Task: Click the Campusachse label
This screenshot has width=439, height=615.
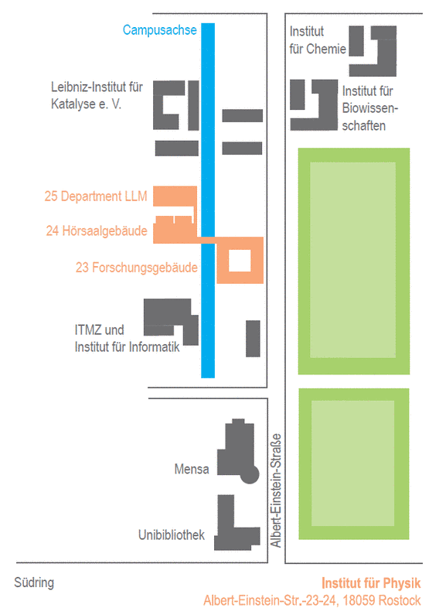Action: pos(159,30)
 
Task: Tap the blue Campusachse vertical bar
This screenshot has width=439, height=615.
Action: pos(208,200)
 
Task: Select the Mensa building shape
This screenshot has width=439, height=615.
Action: pos(237,451)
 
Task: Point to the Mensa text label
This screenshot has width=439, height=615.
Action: pos(191,469)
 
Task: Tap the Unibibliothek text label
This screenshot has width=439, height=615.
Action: pos(172,535)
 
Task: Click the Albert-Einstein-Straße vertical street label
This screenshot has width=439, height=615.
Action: pos(276,490)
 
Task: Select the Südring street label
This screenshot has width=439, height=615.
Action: pos(34,583)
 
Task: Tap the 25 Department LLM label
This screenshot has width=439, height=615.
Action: pos(96,196)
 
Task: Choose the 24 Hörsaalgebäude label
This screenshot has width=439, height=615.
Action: pos(97,231)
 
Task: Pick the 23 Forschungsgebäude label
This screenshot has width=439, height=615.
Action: pos(136,267)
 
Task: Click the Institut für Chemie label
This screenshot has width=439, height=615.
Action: pos(318,40)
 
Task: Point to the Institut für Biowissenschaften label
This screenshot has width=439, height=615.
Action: pos(369,108)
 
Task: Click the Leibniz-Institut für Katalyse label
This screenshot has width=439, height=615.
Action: pos(97,95)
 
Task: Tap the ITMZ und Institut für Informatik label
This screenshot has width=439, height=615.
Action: pos(127,338)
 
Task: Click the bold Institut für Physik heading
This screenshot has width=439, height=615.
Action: pos(371,583)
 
